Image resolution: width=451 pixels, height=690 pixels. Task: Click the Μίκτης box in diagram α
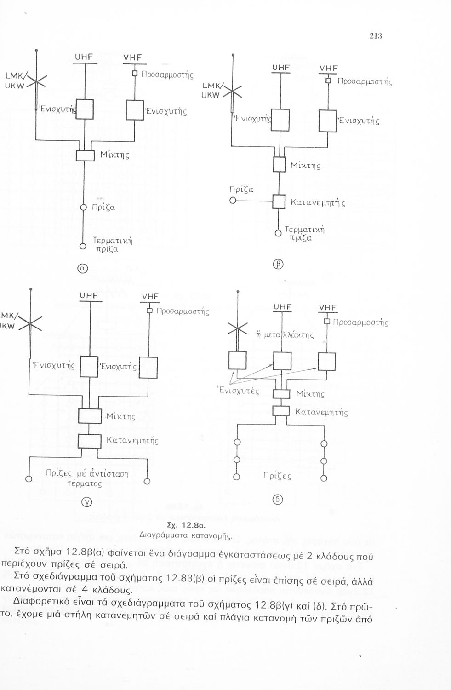click(85, 155)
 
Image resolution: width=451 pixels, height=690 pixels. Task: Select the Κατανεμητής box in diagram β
click(280, 201)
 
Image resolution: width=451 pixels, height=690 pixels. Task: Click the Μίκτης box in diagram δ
click(281, 394)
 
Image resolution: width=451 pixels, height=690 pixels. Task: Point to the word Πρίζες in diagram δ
click(277, 476)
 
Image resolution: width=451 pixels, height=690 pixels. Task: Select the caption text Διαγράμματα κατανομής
click(186, 535)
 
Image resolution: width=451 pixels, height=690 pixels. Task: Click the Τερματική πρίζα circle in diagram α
click(83, 246)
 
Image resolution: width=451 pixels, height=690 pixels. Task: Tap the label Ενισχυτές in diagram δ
click(238, 391)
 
